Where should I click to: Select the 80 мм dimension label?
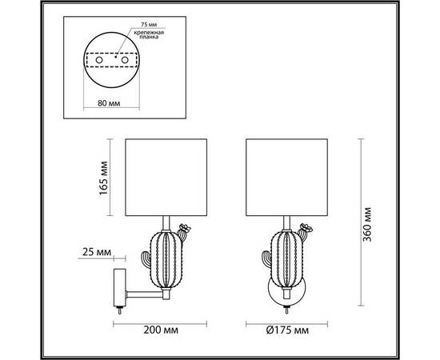coord(110,102)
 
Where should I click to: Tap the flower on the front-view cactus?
coord(304,228)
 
